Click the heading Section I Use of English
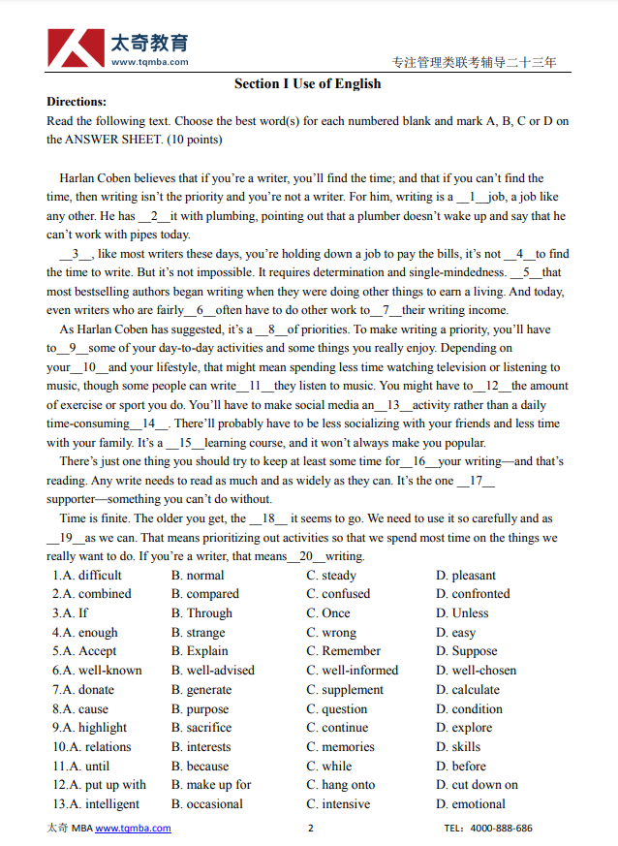(307, 83)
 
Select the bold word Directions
(77, 102)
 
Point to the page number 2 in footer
(310, 829)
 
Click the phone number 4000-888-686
(501, 829)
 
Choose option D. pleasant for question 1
(466, 576)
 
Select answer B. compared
(205, 594)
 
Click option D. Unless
(462, 613)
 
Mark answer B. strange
(199, 633)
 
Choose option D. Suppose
(466, 651)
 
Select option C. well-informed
(353, 671)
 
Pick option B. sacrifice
(201, 728)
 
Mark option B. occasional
(207, 804)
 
